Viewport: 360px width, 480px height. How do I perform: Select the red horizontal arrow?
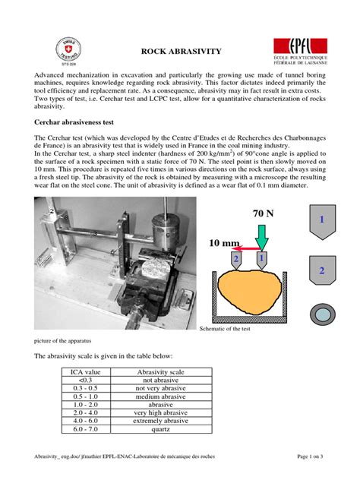[x=243, y=248]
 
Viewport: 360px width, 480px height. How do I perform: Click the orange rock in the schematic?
[x=247, y=292]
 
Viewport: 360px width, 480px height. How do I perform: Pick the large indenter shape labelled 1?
[x=321, y=220]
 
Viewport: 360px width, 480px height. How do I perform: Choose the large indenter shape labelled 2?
[x=321, y=271]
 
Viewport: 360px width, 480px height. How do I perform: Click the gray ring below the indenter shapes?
[x=321, y=314]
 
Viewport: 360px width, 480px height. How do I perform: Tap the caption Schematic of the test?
[x=228, y=330]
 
